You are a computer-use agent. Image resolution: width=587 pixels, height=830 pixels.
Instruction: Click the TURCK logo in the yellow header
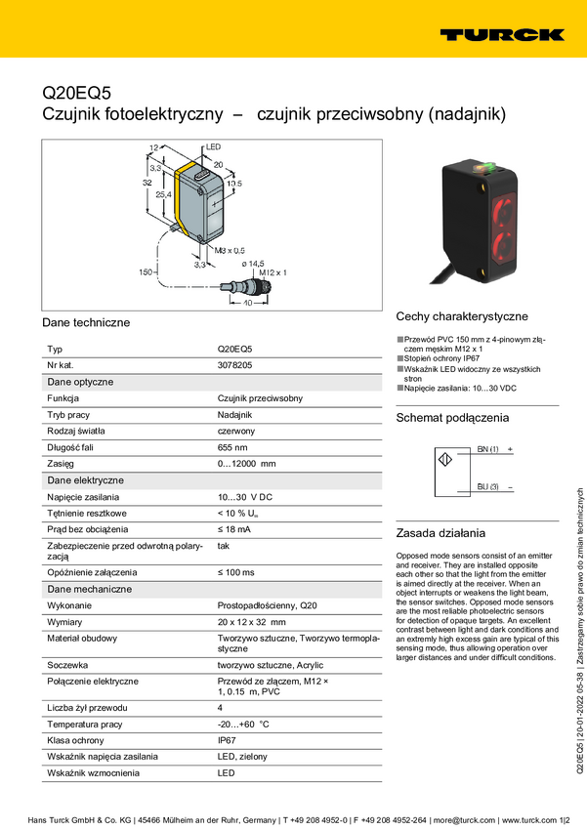501,34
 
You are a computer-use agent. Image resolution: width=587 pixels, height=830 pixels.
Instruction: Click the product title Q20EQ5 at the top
77,94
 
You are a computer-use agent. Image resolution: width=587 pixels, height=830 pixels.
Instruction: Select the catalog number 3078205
234,364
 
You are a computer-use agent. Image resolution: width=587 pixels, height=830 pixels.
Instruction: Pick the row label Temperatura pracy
84,751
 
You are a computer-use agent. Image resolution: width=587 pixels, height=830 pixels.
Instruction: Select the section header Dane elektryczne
86,480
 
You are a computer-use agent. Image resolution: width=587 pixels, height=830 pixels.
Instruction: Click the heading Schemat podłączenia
452,418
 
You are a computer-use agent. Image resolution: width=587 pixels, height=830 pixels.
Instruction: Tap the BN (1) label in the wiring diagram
488,448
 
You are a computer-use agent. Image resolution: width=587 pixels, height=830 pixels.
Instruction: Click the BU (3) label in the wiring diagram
488,485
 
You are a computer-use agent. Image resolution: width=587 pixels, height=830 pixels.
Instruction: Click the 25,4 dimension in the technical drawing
163,195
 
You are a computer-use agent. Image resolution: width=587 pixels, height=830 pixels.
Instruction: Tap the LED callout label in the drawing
213,147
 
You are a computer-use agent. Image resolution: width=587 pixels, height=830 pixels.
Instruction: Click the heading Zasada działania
440,533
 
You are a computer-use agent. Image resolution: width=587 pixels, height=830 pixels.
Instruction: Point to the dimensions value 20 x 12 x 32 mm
251,621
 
